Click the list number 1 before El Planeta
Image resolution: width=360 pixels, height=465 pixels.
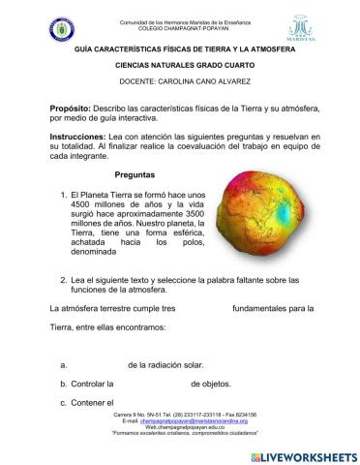tap(63, 195)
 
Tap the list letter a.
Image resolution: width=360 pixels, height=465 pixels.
tap(62, 364)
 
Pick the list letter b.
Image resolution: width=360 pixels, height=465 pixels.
tap(62, 384)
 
